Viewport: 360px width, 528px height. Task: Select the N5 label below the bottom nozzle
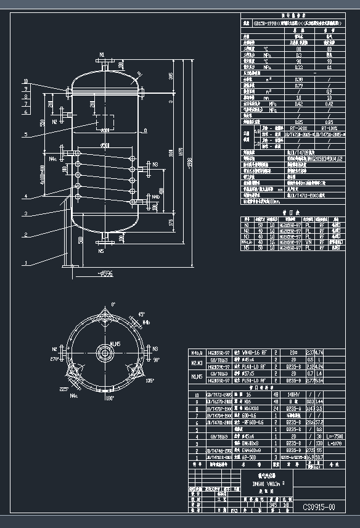point(101,251)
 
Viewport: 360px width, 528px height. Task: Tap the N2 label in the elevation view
point(55,122)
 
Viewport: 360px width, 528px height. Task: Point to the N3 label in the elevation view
point(155,164)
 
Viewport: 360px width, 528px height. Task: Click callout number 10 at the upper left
point(25,81)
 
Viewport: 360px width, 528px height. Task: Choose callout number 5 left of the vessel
point(25,134)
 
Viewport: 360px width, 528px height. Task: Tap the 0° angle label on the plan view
point(113,305)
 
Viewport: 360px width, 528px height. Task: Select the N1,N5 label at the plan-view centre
point(115,344)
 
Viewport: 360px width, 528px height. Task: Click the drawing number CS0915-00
point(319,507)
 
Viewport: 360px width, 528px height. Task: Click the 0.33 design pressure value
point(298,67)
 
